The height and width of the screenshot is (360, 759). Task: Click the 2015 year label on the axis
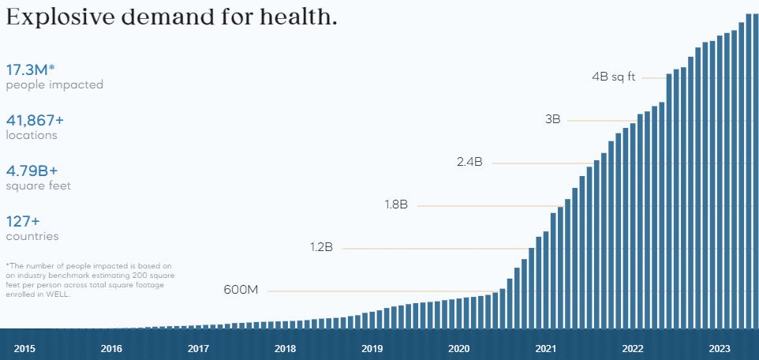pyautogui.click(x=24, y=348)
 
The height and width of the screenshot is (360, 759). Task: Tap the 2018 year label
pyautogui.click(x=285, y=348)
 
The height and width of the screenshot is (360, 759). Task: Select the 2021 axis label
pyautogui.click(x=545, y=348)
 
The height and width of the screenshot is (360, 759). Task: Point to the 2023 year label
pyautogui.click(x=720, y=348)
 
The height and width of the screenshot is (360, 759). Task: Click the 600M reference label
pyautogui.click(x=241, y=290)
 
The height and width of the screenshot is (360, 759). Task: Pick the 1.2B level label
pyautogui.click(x=321, y=247)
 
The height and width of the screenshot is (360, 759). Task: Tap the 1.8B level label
pyautogui.click(x=396, y=204)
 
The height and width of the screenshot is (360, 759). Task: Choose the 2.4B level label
pyautogui.click(x=469, y=162)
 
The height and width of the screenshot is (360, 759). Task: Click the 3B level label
pyautogui.click(x=552, y=119)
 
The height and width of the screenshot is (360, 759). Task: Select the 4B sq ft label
pyautogui.click(x=613, y=77)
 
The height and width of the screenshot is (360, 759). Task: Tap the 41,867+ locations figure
pyautogui.click(x=35, y=120)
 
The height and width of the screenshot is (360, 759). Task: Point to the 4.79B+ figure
pyautogui.click(x=32, y=171)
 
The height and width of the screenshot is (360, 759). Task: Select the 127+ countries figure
pyautogui.click(x=23, y=221)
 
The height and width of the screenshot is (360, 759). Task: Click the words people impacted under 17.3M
pyautogui.click(x=54, y=84)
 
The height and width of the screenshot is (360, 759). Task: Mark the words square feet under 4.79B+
pyautogui.click(x=38, y=186)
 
